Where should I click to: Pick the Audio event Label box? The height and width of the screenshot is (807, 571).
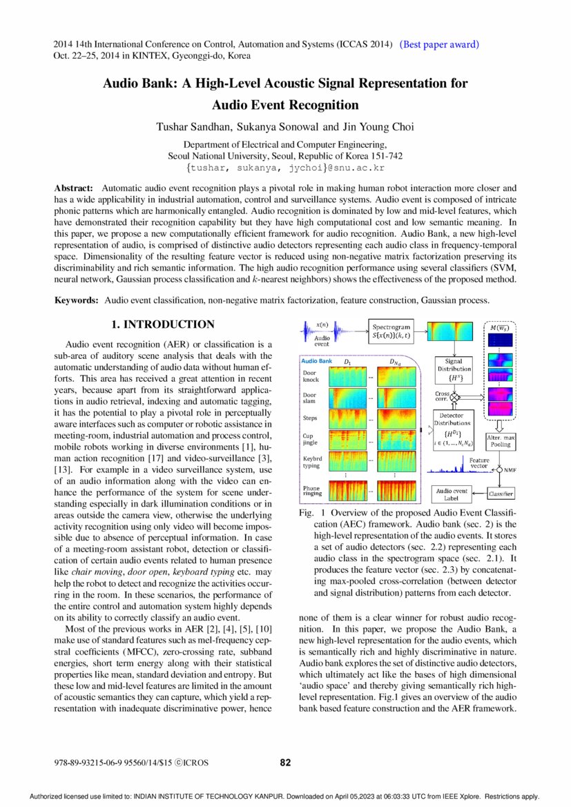tap(452, 494)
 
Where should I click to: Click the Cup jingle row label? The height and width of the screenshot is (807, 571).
tap(311, 440)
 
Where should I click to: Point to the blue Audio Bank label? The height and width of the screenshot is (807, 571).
tap(317, 361)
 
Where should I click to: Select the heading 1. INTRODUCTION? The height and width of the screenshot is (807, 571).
tap(163, 324)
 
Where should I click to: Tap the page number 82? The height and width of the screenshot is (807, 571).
tap(285, 762)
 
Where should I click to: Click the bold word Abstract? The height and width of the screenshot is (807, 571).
tap(73, 188)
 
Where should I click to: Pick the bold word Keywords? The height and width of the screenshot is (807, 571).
tap(76, 300)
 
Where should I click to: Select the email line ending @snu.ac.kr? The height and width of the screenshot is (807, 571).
tap(285, 168)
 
